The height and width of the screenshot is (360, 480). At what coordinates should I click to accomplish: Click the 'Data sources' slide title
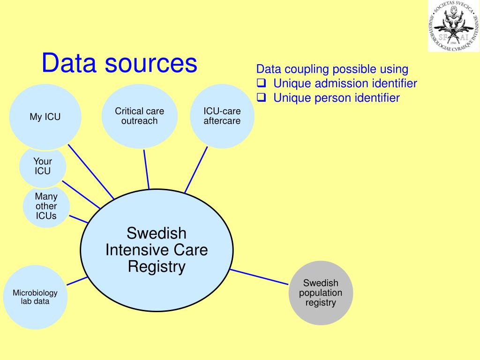click(x=119, y=63)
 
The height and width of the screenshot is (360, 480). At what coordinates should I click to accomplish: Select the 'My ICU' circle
click(x=45, y=117)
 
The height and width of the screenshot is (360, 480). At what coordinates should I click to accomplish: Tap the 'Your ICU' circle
click(x=43, y=166)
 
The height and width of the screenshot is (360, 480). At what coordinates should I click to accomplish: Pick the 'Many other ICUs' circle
click(x=46, y=206)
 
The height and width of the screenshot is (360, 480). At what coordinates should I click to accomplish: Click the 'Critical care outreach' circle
click(x=139, y=116)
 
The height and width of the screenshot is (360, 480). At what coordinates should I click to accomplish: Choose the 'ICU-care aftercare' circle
click(x=222, y=116)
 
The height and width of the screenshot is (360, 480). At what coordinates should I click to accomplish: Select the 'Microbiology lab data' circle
click(x=35, y=297)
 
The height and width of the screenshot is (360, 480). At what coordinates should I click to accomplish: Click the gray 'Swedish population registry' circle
click(x=321, y=293)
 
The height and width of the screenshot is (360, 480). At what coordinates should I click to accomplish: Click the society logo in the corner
click(x=453, y=26)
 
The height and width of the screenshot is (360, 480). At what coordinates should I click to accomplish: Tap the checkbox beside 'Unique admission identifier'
click(x=262, y=83)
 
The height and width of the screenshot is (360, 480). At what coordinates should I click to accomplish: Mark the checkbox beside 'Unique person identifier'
click(x=262, y=97)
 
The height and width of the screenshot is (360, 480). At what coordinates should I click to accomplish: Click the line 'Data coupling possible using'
click(x=332, y=69)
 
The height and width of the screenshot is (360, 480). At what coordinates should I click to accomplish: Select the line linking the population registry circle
click(x=259, y=277)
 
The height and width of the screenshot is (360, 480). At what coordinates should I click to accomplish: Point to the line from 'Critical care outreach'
click(x=146, y=169)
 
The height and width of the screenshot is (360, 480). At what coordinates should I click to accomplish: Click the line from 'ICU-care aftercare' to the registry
click(x=196, y=169)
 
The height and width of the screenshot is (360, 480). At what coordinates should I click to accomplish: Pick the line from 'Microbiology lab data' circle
click(x=77, y=281)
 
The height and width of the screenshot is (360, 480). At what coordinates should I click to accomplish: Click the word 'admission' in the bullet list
click(x=342, y=83)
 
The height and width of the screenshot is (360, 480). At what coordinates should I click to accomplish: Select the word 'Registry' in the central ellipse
click(x=157, y=267)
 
